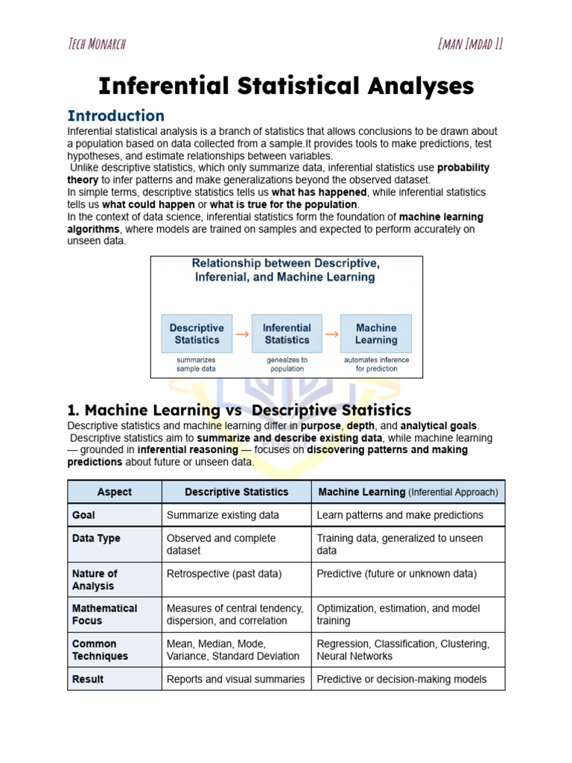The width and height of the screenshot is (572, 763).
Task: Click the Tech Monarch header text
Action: (97, 43)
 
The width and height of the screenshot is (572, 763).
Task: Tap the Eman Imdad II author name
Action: (471, 43)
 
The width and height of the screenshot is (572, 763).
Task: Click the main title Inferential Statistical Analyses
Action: (286, 86)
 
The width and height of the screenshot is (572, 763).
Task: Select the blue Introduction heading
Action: (115, 115)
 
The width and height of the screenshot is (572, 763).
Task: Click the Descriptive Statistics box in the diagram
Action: (197, 334)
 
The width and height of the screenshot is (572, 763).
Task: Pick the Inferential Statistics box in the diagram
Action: (287, 334)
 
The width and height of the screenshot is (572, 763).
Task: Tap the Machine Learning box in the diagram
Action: (376, 334)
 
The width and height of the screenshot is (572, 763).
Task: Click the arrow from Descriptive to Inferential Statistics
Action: (242, 335)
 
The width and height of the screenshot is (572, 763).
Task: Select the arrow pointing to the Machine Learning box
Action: (331, 335)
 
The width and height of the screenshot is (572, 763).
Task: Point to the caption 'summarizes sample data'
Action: (197, 364)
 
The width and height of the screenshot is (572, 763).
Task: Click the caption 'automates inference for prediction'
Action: (376, 364)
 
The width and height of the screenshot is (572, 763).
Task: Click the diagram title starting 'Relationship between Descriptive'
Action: (286, 270)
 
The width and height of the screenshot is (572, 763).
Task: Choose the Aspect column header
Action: (115, 492)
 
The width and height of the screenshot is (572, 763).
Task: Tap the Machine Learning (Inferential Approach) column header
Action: (408, 492)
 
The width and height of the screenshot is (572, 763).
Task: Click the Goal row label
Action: (83, 515)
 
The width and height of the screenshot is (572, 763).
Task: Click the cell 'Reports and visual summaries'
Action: (235, 679)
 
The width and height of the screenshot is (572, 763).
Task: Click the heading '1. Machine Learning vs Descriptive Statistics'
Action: (239, 410)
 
